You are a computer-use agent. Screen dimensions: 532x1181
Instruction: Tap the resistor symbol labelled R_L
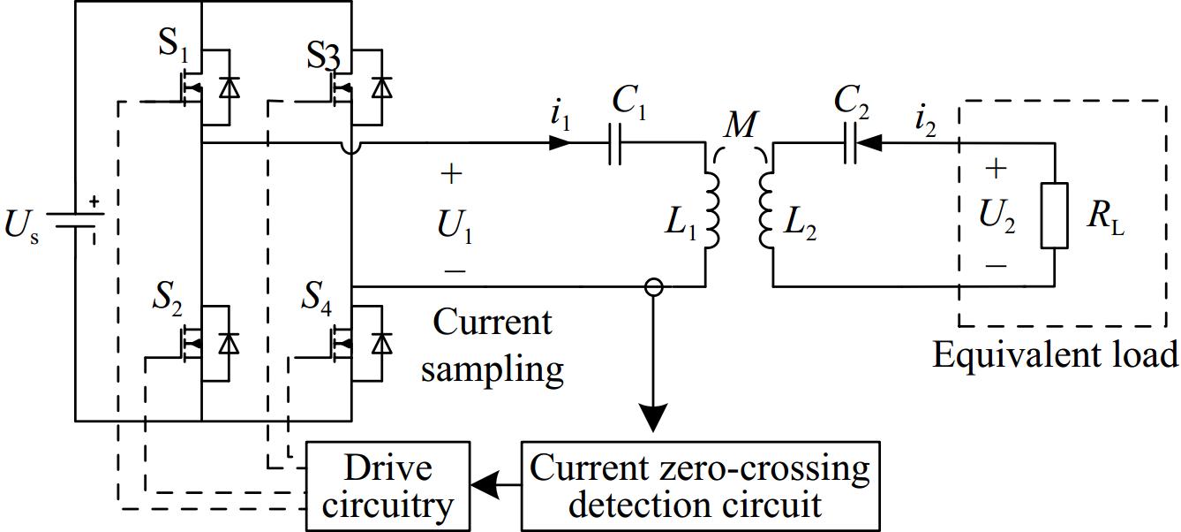tap(1054, 215)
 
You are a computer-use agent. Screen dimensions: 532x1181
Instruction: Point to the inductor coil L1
tap(711, 210)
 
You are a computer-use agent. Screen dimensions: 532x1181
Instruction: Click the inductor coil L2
tap(765, 210)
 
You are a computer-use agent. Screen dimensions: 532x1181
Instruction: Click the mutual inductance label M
tap(740, 126)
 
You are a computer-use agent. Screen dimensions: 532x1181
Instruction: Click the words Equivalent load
tap(1055, 355)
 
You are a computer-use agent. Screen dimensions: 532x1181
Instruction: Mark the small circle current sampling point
tap(653, 286)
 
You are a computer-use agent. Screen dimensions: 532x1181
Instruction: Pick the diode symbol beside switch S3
tap(382, 87)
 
